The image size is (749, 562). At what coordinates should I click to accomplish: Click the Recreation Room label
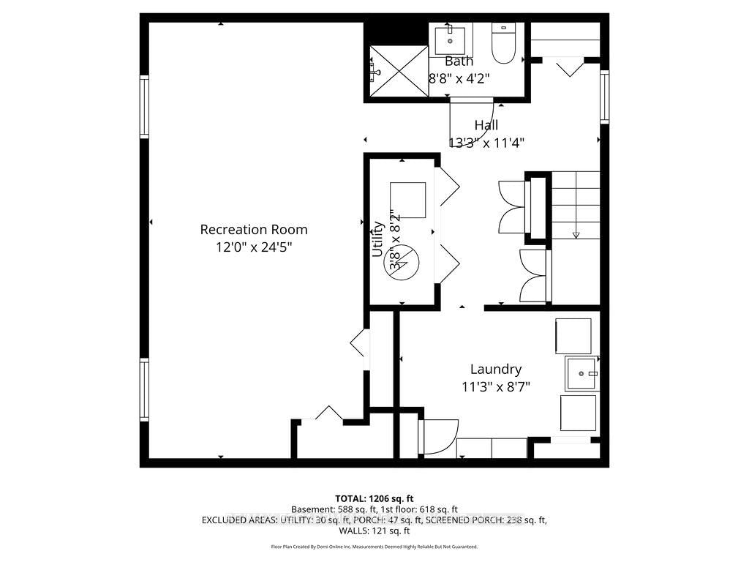click(254, 229)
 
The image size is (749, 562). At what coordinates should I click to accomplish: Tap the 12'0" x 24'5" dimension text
click(254, 247)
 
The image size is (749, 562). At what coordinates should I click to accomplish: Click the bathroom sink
click(450, 37)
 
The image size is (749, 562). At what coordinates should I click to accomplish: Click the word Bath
click(459, 61)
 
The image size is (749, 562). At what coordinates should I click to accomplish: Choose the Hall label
click(486, 125)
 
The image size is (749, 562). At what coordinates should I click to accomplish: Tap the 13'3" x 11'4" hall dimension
click(486, 143)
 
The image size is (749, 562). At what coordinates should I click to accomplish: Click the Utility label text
click(378, 239)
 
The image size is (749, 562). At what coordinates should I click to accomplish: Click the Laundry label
click(495, 369)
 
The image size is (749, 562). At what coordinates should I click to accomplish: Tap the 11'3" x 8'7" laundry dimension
click(496, 387)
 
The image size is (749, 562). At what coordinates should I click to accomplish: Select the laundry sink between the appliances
click(581, 373)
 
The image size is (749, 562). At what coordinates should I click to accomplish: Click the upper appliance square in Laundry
click(573, 336)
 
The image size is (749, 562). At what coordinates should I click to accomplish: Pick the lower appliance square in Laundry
click(578, 413)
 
